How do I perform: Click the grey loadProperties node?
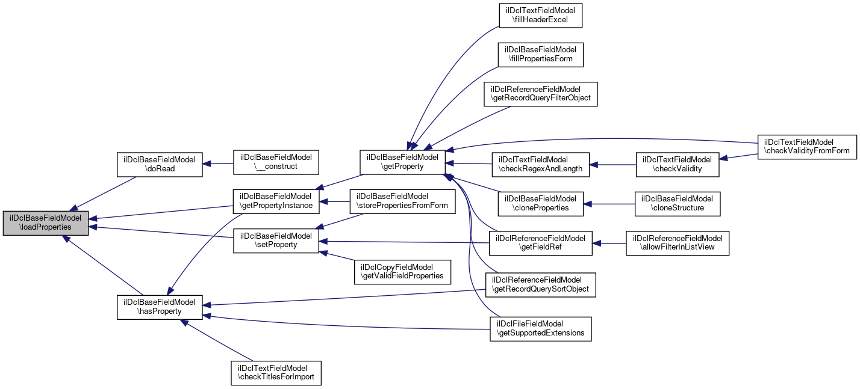click(x=46, y=223)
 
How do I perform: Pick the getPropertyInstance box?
click(x=276, y=201)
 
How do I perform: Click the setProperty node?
click(x=276, y=240)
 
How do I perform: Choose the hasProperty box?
click(x=159, y=307)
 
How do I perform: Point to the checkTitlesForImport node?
click(x=276, y=373)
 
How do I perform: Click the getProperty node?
click(x=403, y=162)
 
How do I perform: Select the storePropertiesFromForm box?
click(x=403, y=201)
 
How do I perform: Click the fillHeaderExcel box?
click(x=540, y=16)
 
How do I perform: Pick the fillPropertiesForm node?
click(x=540, y=55)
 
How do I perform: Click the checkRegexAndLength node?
click(x=540, y=164)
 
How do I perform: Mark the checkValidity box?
click(x=678, y=164)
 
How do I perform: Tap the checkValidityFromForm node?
click(x=807, y=147)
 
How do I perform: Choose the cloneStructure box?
click(x=678, y=203)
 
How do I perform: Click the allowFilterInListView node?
click(x=678, y=243)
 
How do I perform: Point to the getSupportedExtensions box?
click(x=540, y=329)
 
